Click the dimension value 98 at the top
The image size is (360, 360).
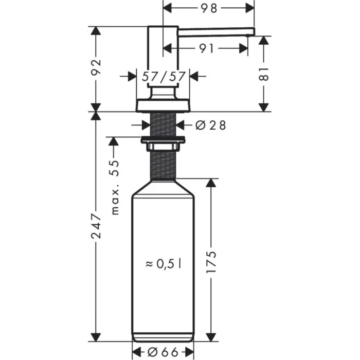coord(209,8)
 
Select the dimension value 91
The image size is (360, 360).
coord(206,48)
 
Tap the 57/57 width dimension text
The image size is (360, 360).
coord(163,77)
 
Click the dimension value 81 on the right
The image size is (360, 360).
coord(264,74)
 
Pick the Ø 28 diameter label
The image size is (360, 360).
coord(211,124)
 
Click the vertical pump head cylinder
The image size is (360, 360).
coord(163,57)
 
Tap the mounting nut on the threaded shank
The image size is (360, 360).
coord(163,140)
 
